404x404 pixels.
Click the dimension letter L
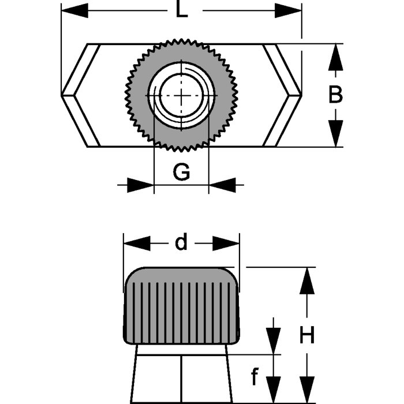pyautogui.click(x=182, y=10)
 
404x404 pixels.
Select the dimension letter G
pyautogui.click(x=182, y=171)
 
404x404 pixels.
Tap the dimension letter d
pyautogui.click(x=182, y=243)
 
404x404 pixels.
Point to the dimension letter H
pyautogui.click(x=307, y=335)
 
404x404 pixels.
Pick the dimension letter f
pyautogui.click(x=255, y=377)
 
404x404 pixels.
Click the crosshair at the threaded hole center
pyautogui.click(x=182, y=95)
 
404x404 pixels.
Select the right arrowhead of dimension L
pyautogui.click(x=288, y=10)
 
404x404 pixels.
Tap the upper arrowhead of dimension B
pyautogui.click(x=335, y=57)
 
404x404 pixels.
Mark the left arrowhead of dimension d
pyautogui.click(x=137, y=244)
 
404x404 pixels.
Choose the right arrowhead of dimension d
pyautogui.click(x=226, y=244)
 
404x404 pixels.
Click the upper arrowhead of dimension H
pyautogui.click(x=307, y=281)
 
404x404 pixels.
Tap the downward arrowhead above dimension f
pyautogui.click(x=272, y=341)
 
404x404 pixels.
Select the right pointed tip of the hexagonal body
pyautogui.click(x=301, y=94)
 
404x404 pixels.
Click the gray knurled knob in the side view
pyautogui.click(x=182, y=306)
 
